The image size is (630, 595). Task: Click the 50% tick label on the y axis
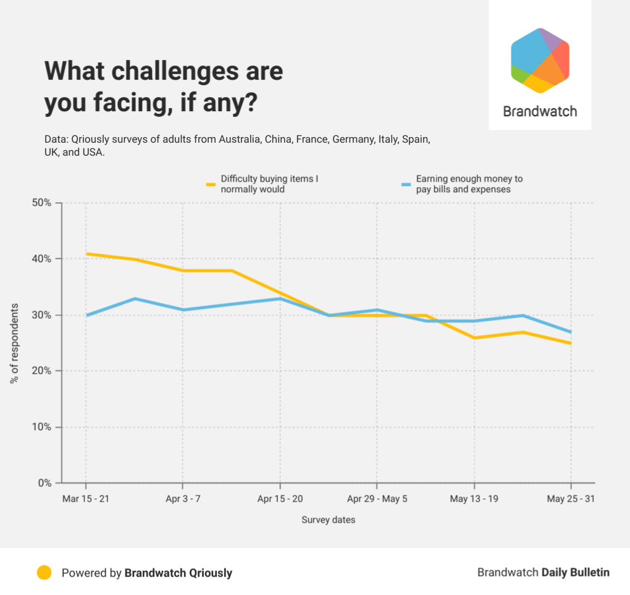click(42, 203)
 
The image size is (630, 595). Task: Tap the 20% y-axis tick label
click(42, 371)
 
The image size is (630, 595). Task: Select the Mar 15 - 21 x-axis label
click(86, 499)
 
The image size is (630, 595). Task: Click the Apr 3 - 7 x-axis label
click(183, 499)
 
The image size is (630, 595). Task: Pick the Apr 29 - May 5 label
click(377, 499)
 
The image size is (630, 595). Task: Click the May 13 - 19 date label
click(474, 499)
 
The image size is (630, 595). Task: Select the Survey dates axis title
click(328, 520)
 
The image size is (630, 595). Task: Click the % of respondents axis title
click(14, 344)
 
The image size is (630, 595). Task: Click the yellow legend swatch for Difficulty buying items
click(211, 184)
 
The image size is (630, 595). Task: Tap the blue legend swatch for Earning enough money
click(406, 184)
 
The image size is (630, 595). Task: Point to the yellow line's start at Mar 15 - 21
click(86, 253)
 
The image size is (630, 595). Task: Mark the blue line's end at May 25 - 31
click(571, 332)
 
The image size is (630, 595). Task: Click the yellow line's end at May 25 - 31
click(571, 343)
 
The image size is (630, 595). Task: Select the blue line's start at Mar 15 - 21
click(86, 315)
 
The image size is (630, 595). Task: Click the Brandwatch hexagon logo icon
click(540, 61)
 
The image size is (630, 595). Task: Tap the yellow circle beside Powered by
click(44, 573)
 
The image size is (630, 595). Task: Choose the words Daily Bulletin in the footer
click(576, 573)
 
